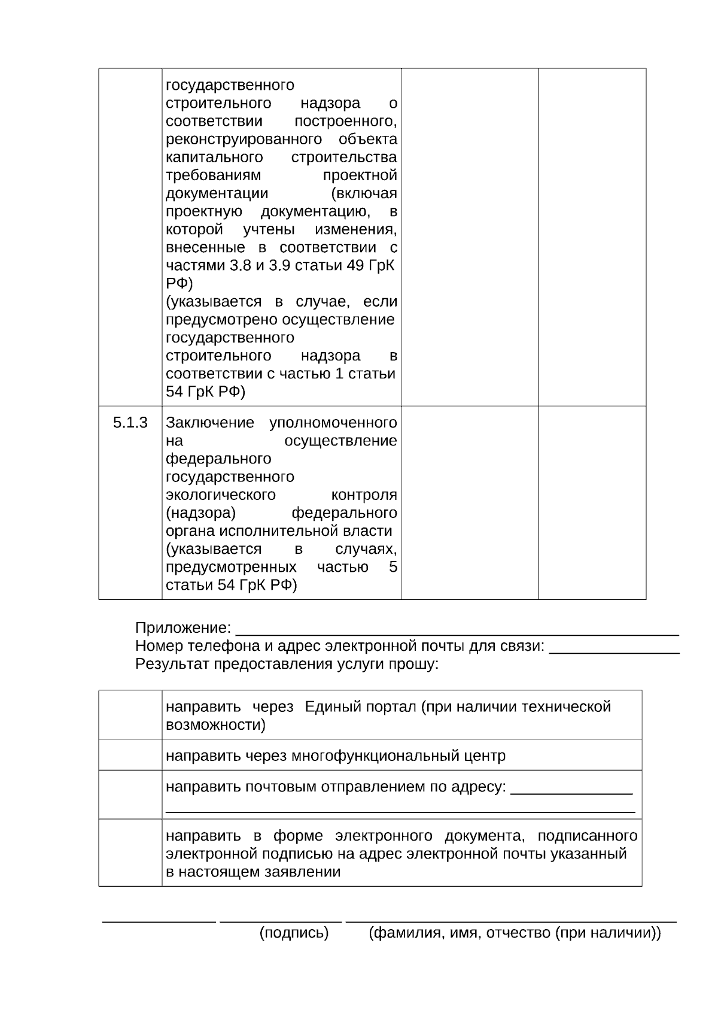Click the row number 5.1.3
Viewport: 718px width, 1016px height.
click(x=130, y=423)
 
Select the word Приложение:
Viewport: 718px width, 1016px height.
click(x=183, y=628)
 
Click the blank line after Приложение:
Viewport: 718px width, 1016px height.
click(x=457, y=631)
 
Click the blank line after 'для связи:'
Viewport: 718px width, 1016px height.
click(x=614, y=649)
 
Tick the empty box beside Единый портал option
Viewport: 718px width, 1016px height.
click(x=130, y=715)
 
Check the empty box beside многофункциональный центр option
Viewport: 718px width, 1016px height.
click(x=130, y=755)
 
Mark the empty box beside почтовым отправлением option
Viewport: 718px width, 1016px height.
click(x=130, y=794)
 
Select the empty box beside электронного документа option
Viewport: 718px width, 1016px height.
click(x=130, y=853)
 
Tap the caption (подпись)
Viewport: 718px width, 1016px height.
click(x=294, y=933)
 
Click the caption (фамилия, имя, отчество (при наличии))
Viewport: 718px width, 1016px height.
click(x=515, y=933)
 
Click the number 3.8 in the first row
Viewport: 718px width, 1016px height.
click(x=240, y=266)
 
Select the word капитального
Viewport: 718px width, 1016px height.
click(x=214, y=157)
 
